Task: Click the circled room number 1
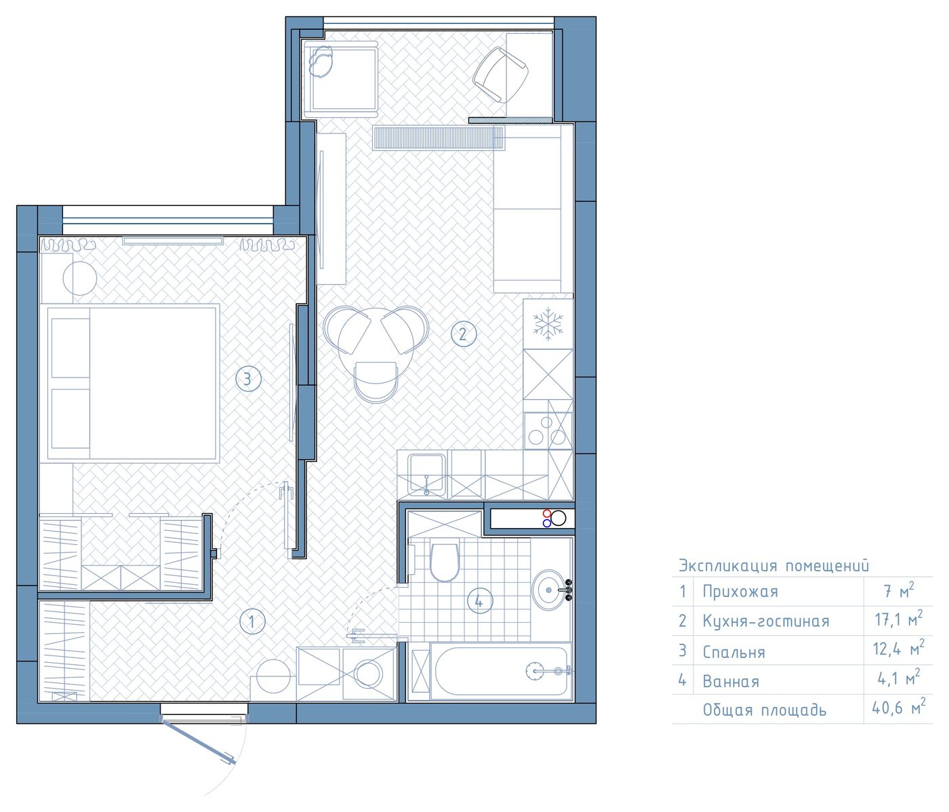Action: click(252, 622)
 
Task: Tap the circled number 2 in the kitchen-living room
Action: click(463, 333)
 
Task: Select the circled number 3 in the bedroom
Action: click(248, 379)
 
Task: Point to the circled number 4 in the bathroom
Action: click(480, 601)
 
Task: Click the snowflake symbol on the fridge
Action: click(548, 323)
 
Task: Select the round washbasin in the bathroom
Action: click(550, 590)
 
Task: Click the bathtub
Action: click(502, 671)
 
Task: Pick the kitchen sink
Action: click(426, 474)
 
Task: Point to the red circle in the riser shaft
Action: click(546, 513)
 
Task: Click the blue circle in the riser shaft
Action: click(546, 523)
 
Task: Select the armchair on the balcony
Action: click(501, 75)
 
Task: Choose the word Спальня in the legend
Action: click(733, 652)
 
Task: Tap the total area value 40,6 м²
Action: click(898, 708)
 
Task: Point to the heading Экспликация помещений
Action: click(773, 565)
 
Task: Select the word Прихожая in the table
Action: click(740, 592)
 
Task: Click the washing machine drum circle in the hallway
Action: click(369, 674)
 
